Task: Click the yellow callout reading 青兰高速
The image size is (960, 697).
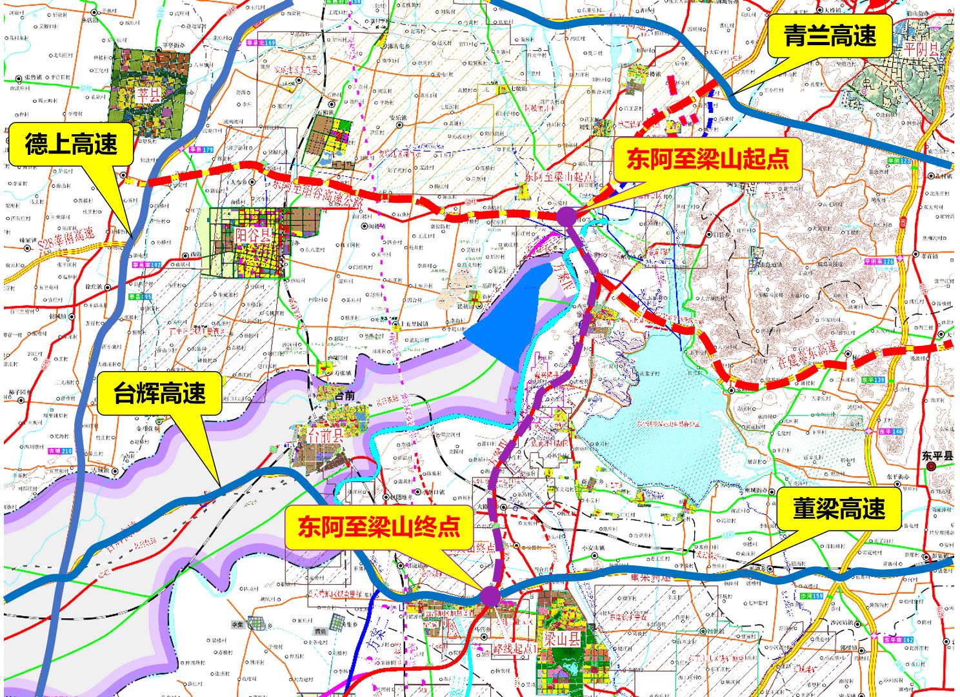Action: point(830,36)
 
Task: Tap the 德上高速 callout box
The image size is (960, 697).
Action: point(72,145)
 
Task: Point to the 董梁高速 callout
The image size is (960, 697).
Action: point(839,509)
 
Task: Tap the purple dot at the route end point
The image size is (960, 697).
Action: point(489,596)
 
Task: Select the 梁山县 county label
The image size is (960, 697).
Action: point(557,641)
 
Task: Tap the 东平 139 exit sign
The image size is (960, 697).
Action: point(872,380)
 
